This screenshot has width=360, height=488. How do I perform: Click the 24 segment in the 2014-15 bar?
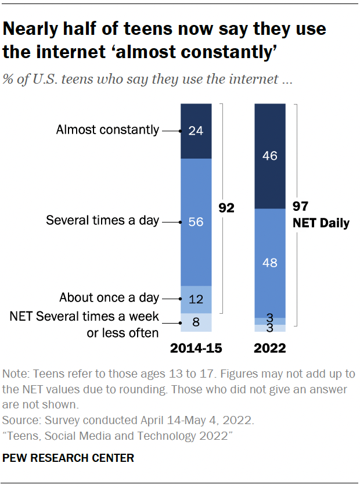tap(196, 131)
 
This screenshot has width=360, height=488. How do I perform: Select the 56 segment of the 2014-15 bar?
tap(196, 221)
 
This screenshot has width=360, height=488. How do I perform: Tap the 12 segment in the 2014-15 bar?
tap(196, 299)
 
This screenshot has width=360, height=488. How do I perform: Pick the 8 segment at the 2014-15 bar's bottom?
tap(196, 322)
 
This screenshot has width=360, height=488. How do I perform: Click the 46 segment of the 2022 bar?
tap(269, 156)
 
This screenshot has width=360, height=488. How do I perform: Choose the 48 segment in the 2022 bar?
tap(269, 262)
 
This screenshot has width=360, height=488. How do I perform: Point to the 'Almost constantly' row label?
tap(107, 130)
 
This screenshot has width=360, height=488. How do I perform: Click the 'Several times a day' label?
tap(102, 221)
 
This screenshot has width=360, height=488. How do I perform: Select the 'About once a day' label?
tap(109, 298)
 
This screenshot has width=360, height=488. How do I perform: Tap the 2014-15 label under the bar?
tap(196, 349)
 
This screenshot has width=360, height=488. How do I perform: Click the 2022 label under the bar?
tap(270, 349)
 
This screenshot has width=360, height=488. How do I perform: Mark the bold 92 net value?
tap(226, 208)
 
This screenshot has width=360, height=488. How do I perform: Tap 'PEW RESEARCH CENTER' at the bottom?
tap(69, 458)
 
